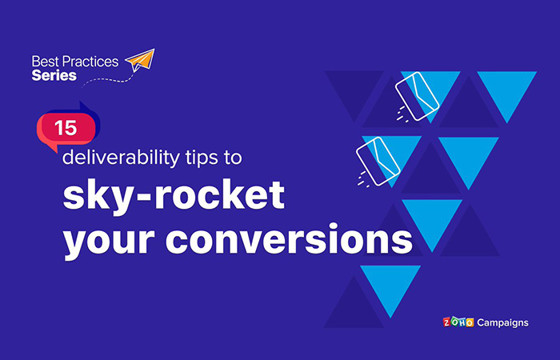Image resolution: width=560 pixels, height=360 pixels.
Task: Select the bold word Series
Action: point(54,75)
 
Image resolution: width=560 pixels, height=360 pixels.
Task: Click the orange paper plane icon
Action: point(141,61)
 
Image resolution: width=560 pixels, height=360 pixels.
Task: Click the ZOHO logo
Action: point(459,323)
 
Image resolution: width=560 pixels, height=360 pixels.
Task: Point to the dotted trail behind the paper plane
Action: point(104,79)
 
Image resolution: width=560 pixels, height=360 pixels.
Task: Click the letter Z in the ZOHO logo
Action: point(447,323)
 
